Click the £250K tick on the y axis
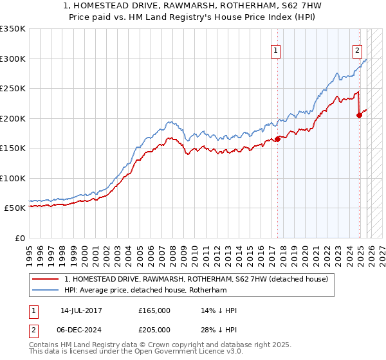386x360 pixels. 13,88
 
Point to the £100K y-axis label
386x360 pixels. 13,178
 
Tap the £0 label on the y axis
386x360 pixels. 19,238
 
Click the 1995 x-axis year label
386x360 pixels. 30,251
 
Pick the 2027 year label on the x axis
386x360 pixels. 380,251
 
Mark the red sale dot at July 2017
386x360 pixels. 277,139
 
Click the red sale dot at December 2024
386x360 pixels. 359,115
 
